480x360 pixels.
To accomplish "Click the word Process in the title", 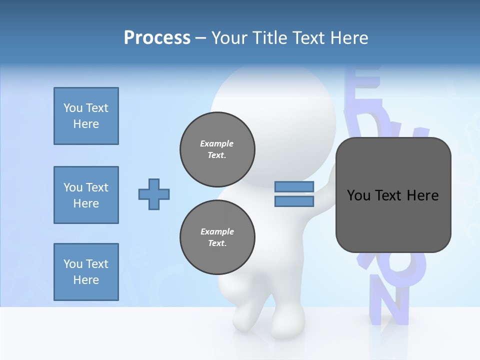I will (157, 38).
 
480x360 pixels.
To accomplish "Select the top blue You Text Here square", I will (86, 116).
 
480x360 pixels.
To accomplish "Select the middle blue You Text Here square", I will (86, 195).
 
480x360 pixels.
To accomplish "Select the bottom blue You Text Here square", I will (86, 272).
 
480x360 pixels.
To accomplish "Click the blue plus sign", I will (153, 194).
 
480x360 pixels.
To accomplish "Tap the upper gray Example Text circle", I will (217, 149).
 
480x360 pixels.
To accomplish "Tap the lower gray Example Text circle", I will (217, 237).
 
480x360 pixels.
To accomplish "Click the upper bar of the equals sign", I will (294, 187).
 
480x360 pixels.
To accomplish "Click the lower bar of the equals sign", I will (294, 201).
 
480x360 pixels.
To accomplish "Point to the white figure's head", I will (272, 100).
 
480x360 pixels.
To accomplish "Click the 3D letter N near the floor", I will (388, 305).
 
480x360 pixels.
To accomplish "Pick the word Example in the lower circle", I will (217, 231).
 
